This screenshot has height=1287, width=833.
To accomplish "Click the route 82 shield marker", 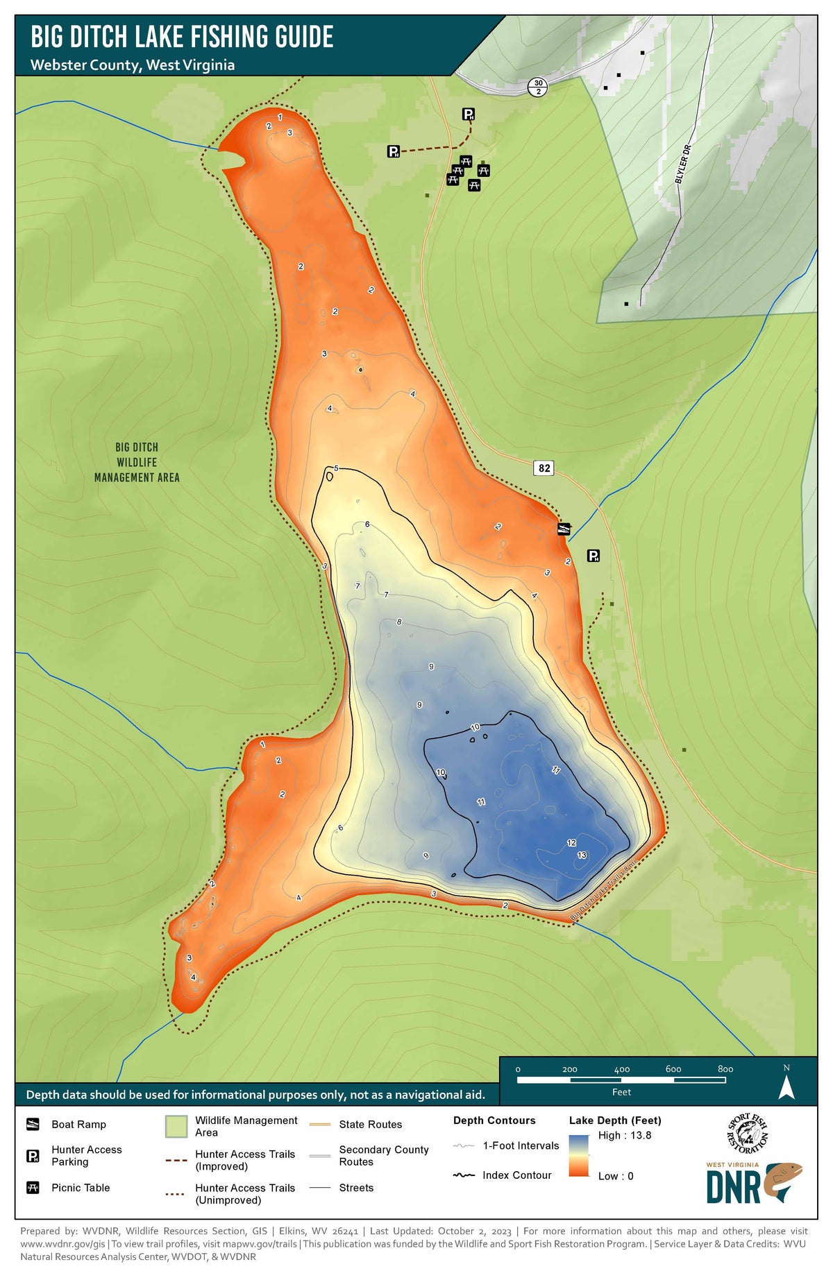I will (544, 468).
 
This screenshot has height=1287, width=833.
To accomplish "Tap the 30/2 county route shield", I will (538, 87).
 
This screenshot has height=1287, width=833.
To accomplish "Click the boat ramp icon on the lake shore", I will (564, 529).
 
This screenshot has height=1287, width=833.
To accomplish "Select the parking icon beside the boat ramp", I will (594, 555).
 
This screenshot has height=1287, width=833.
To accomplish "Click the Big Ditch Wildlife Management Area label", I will (137, 462).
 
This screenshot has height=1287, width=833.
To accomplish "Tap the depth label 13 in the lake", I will (582, 855).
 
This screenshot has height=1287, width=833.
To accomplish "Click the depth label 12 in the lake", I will (571, 842).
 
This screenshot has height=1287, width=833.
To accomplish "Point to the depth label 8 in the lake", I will (399, 622).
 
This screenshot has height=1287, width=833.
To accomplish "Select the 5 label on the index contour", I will (337, 468).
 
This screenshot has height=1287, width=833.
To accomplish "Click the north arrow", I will (786, 1086).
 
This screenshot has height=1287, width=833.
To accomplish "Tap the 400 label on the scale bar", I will (621, 1069).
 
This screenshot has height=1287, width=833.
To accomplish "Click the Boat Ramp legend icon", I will (33, 1124).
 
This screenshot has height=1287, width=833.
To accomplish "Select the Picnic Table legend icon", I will (33, 1187).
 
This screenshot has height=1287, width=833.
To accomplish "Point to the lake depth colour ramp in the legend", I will (578, 1155).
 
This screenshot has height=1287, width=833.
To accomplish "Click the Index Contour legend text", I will (516, 1175).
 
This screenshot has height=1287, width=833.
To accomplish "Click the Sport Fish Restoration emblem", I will (747, 1132).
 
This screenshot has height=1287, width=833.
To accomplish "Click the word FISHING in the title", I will (228, 37).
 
